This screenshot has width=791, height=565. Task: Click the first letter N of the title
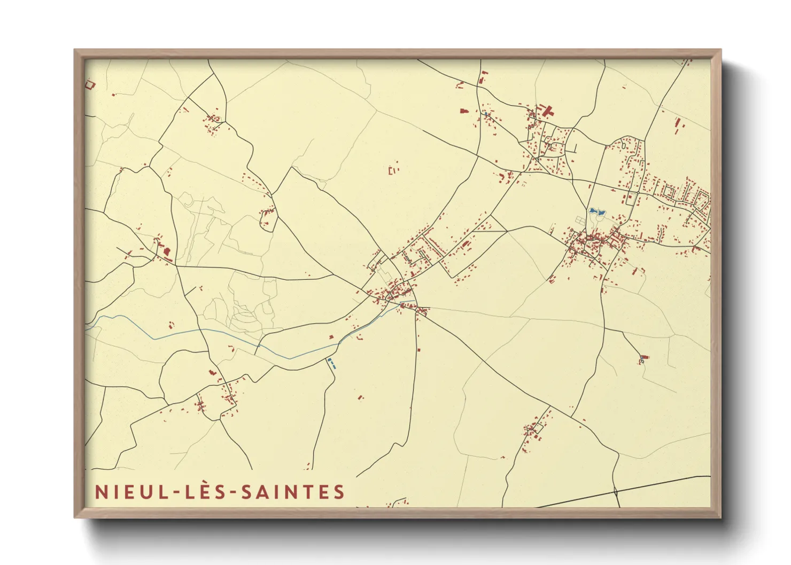101,492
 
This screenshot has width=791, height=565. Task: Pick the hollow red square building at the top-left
90,84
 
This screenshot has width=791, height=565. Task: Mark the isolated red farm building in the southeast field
644,357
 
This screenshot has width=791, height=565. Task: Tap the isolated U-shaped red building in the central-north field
393,171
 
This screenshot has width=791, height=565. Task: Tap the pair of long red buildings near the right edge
679,125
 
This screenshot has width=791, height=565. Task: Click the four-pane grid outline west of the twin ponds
580,219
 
